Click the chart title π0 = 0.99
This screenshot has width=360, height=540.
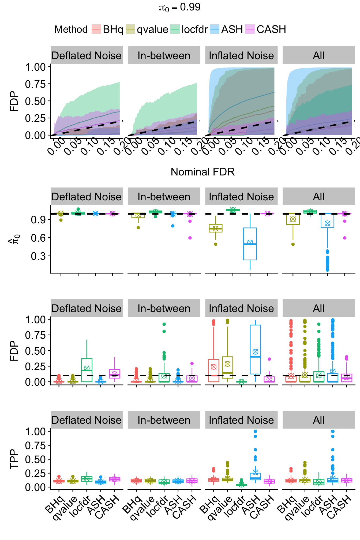(180, 7)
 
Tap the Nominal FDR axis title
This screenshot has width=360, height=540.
(202, 172)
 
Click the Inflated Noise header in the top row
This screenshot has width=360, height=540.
(241, 55)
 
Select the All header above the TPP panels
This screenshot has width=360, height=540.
(318, 420)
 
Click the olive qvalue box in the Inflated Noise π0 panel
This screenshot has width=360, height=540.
(216, 228)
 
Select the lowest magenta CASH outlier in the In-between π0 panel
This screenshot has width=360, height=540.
(190, 238)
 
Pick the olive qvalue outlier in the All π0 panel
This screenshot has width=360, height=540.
(293, 244)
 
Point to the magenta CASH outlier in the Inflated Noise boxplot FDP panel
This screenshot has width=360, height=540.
(269, 359)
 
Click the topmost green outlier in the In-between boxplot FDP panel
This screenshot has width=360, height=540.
(164, 324)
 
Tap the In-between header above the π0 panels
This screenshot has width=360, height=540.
(164, 197)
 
